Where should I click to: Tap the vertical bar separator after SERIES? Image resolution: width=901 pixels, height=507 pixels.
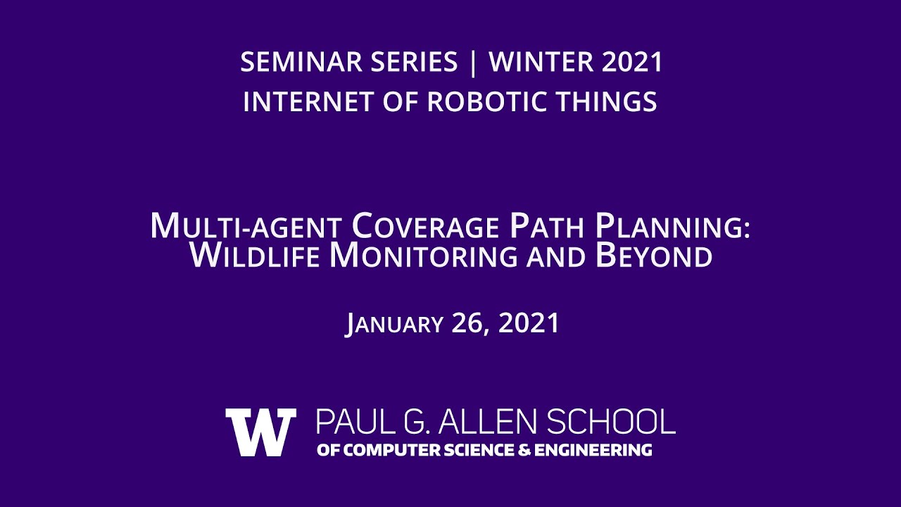tap(472, 63)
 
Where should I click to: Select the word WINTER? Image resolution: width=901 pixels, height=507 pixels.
tap(541, 63)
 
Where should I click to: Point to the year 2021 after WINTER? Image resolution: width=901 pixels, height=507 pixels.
tap(633, 63)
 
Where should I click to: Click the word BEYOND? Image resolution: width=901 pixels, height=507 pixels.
tap(654, 256)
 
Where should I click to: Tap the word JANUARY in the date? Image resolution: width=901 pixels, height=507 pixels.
tap(394, 324)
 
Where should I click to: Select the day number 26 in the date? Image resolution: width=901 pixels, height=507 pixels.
tap(470, 324)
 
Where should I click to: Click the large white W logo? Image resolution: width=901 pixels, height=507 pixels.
tap(260, 432)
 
